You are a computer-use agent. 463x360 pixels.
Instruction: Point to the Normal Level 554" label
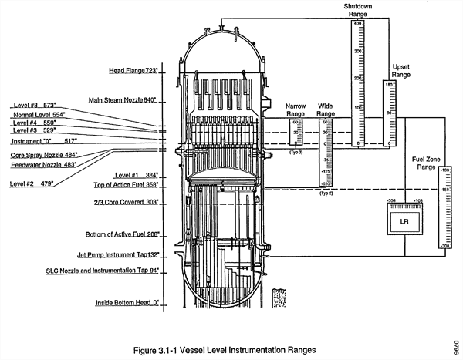pos(38,114)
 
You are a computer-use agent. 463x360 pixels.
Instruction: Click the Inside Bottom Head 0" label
pos(127,303)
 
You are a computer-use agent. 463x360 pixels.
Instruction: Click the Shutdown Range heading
pos(357,10)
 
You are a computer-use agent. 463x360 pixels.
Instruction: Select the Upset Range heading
pos(401,70)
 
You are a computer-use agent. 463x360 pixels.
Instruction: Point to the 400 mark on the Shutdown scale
pos(358,24)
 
